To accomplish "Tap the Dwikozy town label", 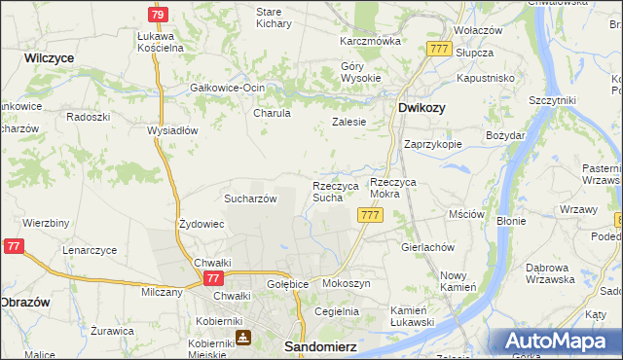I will [x=421, y=108].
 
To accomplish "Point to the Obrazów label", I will [x=26, y=300].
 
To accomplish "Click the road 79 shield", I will [x=159, y=15].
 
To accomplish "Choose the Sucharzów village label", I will [x=252, y=198].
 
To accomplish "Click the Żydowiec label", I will [x=202, y=224].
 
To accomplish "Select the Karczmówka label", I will [x=370, y=42].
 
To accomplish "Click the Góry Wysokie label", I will [x=351, y=73].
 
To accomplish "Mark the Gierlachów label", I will [x=428, y=247].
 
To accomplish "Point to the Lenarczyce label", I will [x=90, y=250].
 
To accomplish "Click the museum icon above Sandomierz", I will [x=242, y=338].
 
